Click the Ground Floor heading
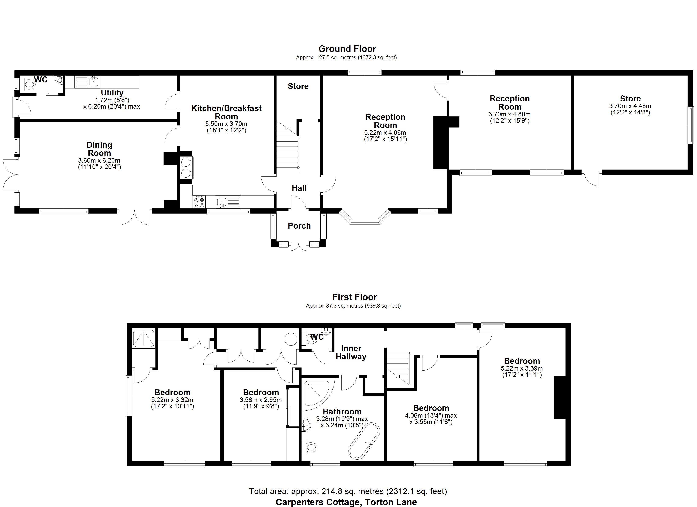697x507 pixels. pyautogui.click(x=347, y=49)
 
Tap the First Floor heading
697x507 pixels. pyautogui.click(x=354, y=297)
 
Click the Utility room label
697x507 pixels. pyautogui.click(x=112, y=93)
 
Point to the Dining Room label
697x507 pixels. pyautogui.click(x=99, y=149)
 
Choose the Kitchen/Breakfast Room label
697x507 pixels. pyautogui.click(x=226, y=112)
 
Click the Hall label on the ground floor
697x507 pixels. pyautogui.click(x=299, y=188)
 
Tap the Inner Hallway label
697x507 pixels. pyautogui.click(x=351, y=352)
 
